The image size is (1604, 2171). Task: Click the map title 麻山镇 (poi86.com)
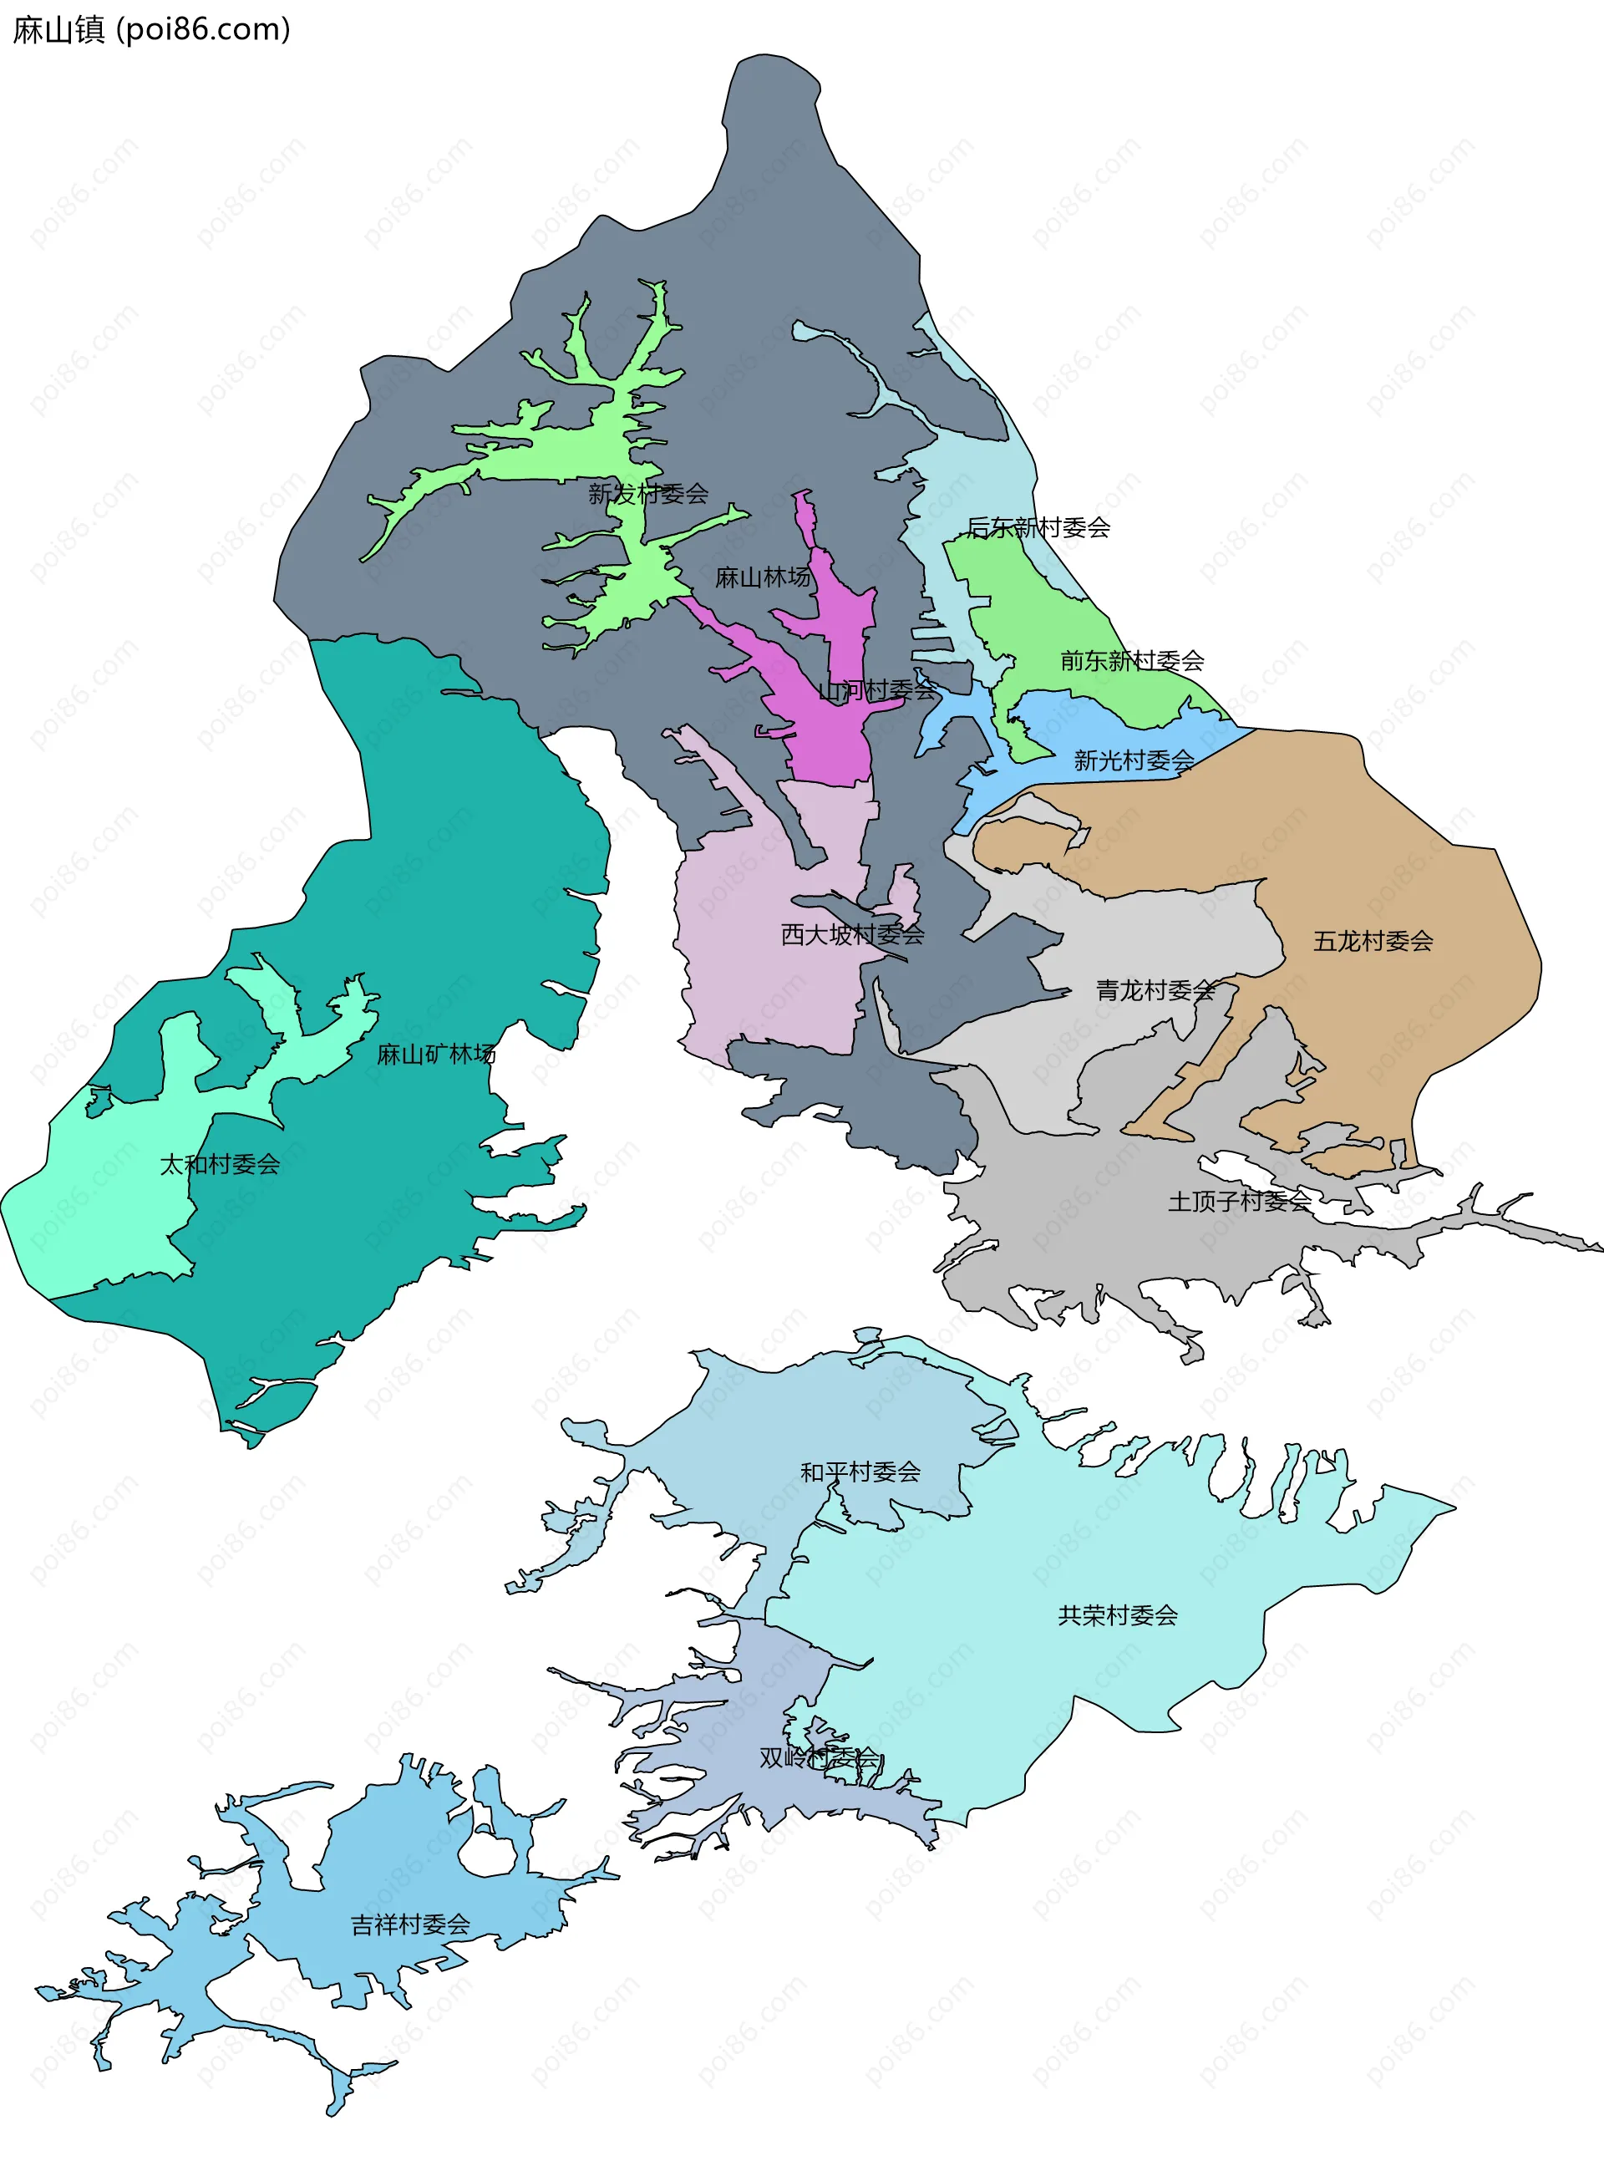click(151, 30)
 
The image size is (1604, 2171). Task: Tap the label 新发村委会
click(647, 493)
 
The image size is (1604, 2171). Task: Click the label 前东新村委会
click(1131, 661)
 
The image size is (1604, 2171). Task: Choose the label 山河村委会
click(876, 690)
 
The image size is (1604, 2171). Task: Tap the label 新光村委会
click(1133, 760)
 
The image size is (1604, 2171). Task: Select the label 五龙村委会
click(1372, 941)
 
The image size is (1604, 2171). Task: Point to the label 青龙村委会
click(1155, 990)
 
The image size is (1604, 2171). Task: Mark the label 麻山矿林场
click(436, 1054)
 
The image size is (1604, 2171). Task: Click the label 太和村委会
click(220, 1164)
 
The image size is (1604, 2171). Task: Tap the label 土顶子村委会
click(1239, 1202)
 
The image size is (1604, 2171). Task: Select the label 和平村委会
click(860, 1472)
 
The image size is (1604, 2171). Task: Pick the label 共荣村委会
click(1117, 1615)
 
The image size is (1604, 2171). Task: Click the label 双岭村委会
click(819, 1758)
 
